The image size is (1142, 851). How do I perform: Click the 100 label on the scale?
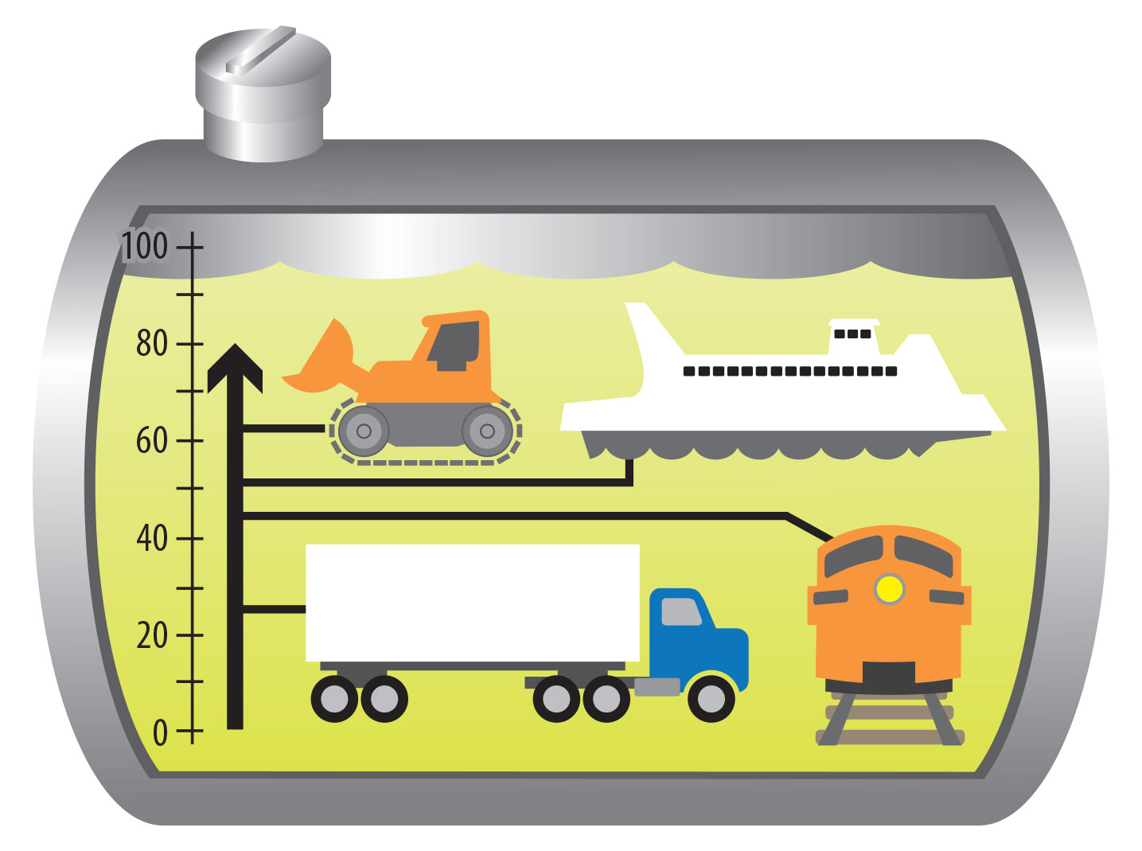145,247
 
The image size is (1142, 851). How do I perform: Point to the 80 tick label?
151,344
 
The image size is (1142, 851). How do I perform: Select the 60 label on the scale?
151,440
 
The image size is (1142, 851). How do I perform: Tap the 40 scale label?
151,539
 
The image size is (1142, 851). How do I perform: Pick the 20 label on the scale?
151,636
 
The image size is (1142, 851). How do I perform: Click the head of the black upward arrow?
235,368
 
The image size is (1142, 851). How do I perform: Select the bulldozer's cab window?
456,344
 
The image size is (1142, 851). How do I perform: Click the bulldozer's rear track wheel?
487,431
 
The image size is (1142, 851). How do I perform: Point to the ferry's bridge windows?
852,334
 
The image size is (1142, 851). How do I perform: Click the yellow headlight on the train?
889,589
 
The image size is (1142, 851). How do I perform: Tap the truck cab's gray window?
680,611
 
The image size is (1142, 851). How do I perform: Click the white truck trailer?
472,603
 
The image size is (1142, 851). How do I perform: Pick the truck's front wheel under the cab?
711,699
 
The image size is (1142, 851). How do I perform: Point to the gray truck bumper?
657,686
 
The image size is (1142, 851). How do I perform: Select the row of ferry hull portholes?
790,371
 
